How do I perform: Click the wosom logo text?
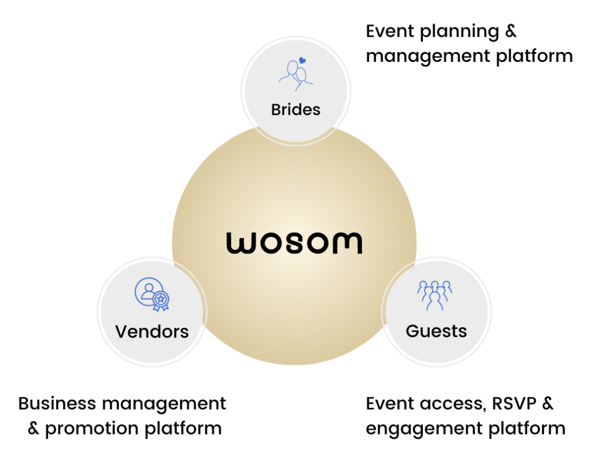coord(294,243)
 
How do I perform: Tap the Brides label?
coord(295,110)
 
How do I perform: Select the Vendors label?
coord(152,331)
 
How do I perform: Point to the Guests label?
coord(436,331)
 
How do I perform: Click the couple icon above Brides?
coord(295,75)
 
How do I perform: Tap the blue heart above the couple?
coord(302,60)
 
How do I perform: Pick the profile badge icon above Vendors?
coord(152,294)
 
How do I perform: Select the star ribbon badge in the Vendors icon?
coord(161,301)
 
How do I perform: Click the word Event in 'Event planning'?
coord(390,32)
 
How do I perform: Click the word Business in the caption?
coord(57,404)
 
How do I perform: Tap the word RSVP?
coord(514,404)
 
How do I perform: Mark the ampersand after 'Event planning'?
coord(511,32)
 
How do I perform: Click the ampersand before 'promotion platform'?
coord(33,428)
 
